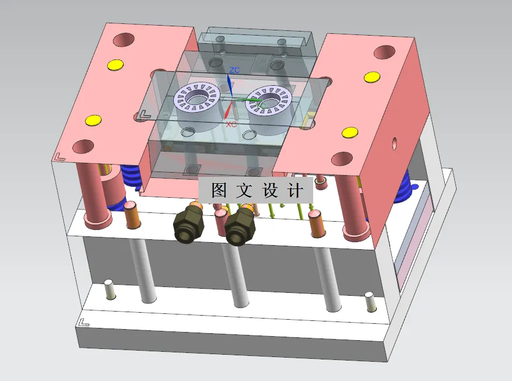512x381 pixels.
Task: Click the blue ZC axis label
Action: pos(234,70)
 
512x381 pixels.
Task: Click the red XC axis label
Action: pos(231,124)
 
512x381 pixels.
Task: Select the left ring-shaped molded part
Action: pos(198,97)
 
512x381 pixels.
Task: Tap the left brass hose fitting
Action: pos(188,224)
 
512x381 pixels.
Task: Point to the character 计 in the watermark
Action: pos(296,191)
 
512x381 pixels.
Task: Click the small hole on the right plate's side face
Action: pos(395,142)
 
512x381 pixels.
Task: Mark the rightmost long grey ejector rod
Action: pos(331,279)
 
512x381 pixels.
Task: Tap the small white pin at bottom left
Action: pos(108,290)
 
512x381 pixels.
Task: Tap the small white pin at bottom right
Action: pos(369,302)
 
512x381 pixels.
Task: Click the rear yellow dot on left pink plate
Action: pos(115,64)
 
